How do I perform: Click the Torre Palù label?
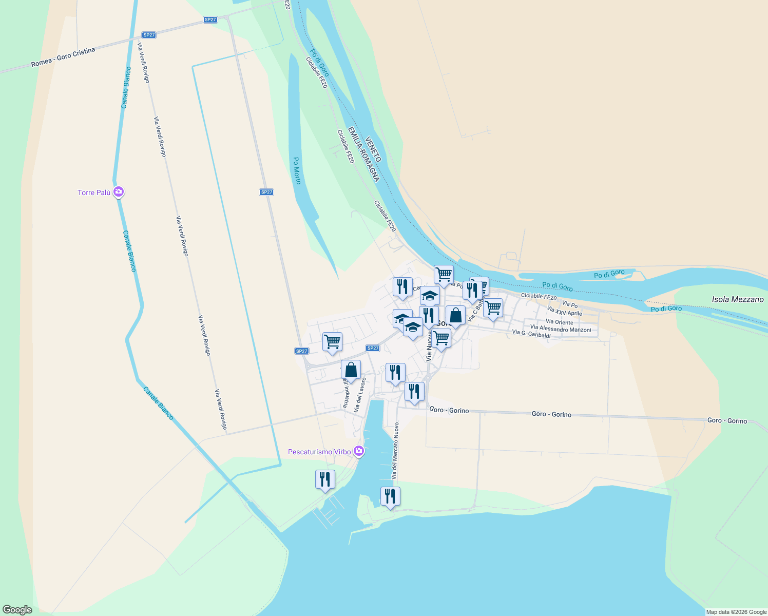(94, 192)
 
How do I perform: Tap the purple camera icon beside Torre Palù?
(119, 192)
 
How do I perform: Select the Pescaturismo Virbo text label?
(319, 452)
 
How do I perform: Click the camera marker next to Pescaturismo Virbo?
(359, 451)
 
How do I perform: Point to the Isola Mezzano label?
(738, 299)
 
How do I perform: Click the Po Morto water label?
(297, 170)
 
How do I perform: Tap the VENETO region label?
(373, 149)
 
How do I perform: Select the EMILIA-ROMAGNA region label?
(363, 154)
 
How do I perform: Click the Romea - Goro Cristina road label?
(63, 57)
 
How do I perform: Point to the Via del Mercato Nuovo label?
(395, 451)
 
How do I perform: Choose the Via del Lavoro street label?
(360, 395)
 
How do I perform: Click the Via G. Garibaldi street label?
(531, 334)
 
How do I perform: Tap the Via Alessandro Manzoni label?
(561, 329)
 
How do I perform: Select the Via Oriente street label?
(559, 322)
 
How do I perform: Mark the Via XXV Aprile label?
(564, 311)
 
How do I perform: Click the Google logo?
(17, 610)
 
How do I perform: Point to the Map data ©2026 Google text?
(736, 612)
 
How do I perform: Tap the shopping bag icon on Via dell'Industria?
(351, 370)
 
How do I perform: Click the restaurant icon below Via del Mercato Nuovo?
(390, 496)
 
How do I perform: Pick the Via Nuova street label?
(429, 346)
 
